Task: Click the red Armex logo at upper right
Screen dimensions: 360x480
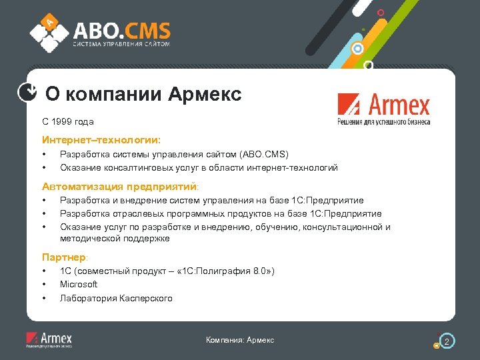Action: coord(383,109)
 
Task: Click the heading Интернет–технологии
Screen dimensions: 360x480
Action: coord(101,141)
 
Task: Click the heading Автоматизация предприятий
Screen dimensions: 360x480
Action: coord(121,187)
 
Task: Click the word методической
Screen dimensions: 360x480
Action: coord(87,238)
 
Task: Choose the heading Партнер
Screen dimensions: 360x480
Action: coord(65,257)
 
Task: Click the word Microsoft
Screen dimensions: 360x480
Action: coord(79,284)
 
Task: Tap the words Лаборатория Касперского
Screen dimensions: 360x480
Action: coord(116,298)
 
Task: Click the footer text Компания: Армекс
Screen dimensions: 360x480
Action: coord(240,341)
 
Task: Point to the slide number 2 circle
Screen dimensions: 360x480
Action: coord(448,342)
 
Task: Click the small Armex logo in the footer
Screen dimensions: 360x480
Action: coord(49,340)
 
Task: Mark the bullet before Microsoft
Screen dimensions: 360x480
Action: coord(44,284)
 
